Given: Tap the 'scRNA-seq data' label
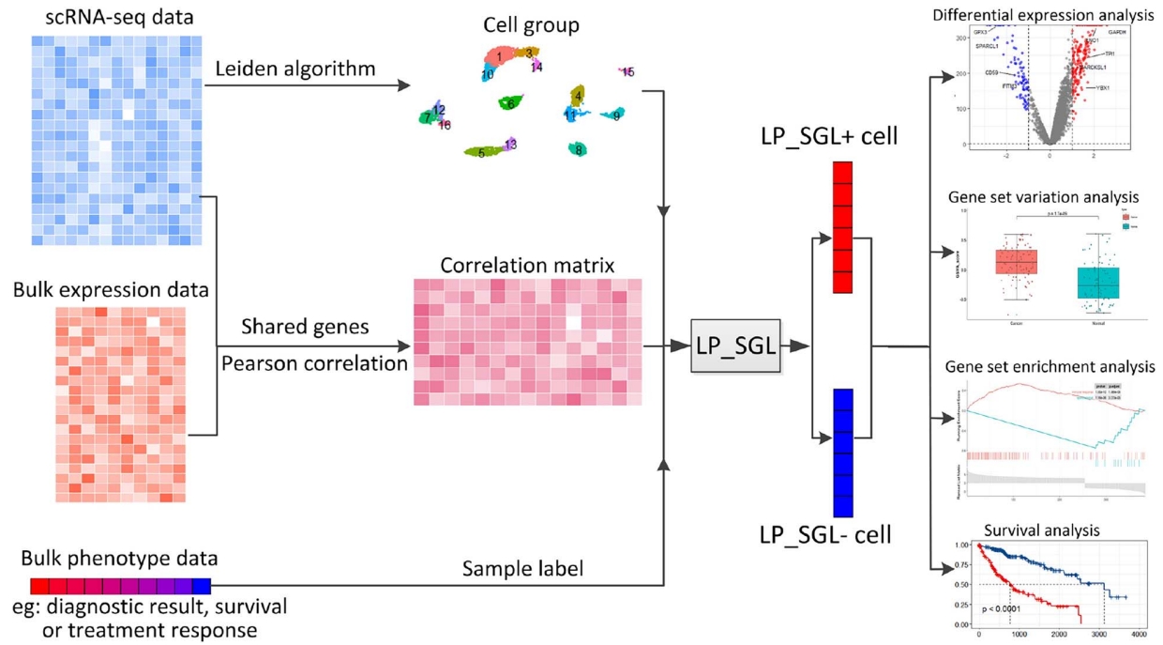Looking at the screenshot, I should (111, 17).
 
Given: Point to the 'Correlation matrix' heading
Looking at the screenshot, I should (527, 266).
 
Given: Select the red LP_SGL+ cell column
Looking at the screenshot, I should (842, 227).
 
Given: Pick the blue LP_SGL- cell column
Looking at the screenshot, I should (842, 453).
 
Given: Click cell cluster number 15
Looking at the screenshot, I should (627, 72).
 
